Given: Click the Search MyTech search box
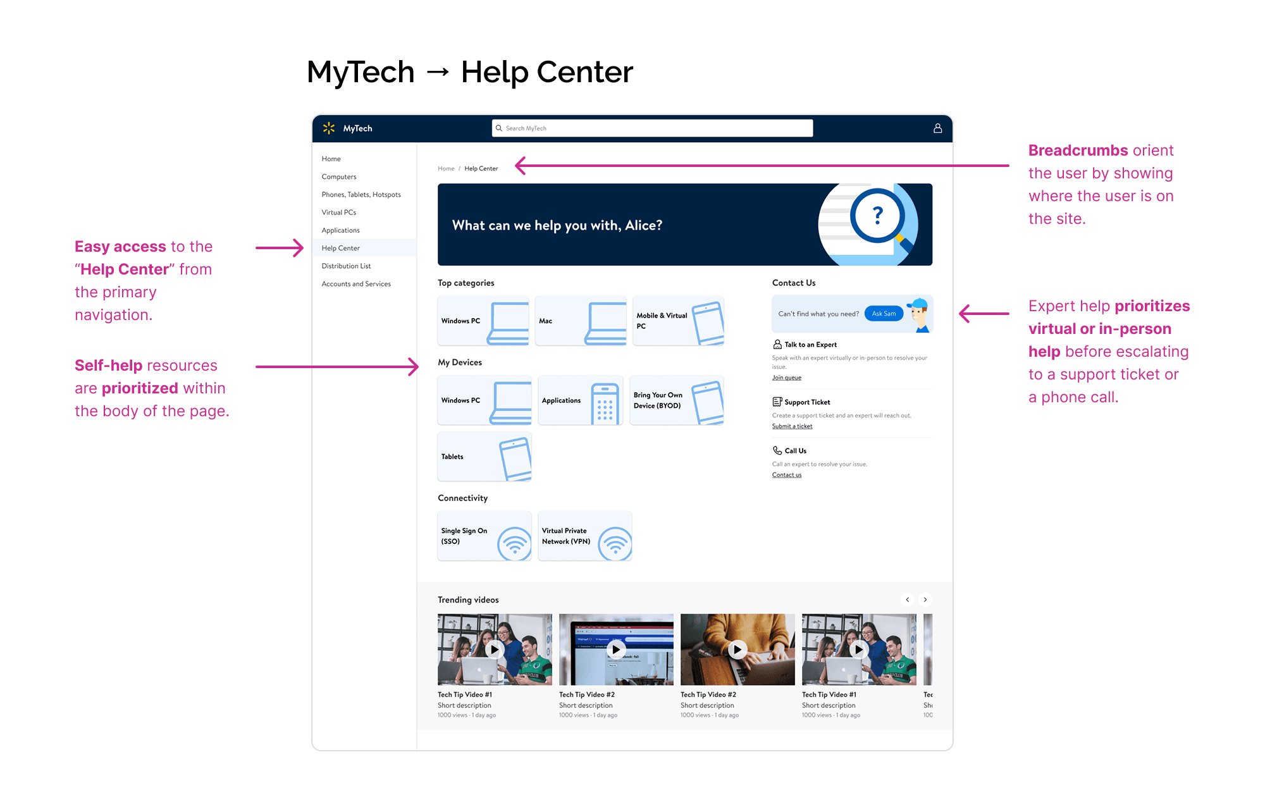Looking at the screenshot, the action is click(651, 128).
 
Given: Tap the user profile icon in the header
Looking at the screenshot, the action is click(937, 128).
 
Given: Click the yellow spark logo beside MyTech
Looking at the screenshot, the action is click(329, 128).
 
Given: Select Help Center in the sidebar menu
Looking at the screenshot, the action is click(341, 248).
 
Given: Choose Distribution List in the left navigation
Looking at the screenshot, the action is click(346, 266).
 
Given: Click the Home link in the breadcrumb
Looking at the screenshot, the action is click(446, 169).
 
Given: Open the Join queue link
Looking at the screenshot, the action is click(786, 378).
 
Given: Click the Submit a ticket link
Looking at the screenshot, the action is click(792, 426).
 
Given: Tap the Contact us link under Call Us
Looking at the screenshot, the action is click(786, 475).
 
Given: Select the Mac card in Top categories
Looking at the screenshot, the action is click(580, 321).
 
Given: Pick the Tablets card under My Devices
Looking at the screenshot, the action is click(484, 457).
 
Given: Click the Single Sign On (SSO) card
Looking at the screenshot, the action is click(484, 536).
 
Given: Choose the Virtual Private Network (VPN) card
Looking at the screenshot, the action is click(584, 536).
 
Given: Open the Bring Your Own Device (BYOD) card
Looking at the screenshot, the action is click(676, 400).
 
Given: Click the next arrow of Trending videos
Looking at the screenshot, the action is click(925, 600).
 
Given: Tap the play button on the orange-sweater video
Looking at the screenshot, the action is click(737, 650).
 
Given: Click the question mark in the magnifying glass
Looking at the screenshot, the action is click(877, 216).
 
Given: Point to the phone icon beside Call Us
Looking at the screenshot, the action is click(777, 450).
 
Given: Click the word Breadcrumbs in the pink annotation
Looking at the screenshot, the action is click(1078, 151).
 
